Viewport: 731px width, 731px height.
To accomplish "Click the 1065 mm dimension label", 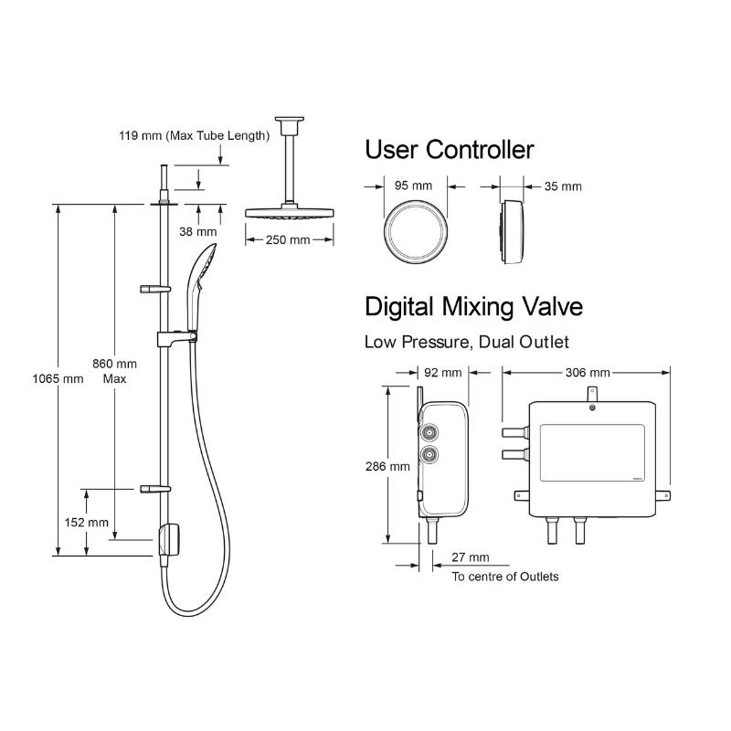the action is coord(58,378).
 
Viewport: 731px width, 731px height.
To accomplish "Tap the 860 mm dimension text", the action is coord(114,364).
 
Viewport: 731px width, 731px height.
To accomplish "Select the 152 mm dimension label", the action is coord(86,522).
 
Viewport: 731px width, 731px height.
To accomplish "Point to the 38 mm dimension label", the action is coord(198,231).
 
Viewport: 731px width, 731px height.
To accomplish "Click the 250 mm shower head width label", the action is coord(288,239).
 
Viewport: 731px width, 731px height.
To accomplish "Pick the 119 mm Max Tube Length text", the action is coord(195,135).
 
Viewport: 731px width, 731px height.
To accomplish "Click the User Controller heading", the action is coord(449,150).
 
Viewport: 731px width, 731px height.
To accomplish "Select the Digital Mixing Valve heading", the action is coord(473,306).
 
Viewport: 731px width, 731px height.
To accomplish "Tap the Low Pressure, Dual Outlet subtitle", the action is coord(467,342).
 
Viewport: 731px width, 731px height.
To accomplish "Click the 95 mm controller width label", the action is coord(413,185).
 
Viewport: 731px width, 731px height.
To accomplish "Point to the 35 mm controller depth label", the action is coord(563,186).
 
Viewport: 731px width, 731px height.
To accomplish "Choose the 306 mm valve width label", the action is coord(588,373).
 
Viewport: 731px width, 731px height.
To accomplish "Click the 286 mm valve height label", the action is coord(387,466).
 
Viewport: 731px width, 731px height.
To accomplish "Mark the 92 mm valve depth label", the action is coord(443,373).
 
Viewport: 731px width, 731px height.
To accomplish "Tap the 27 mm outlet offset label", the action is coord(471,557).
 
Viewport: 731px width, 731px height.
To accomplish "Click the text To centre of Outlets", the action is coord(505,577).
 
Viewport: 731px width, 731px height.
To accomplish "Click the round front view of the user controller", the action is coord(416,232).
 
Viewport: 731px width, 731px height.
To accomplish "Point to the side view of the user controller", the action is coord(512,232).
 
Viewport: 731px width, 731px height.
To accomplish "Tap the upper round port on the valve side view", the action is coord(429,433).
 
